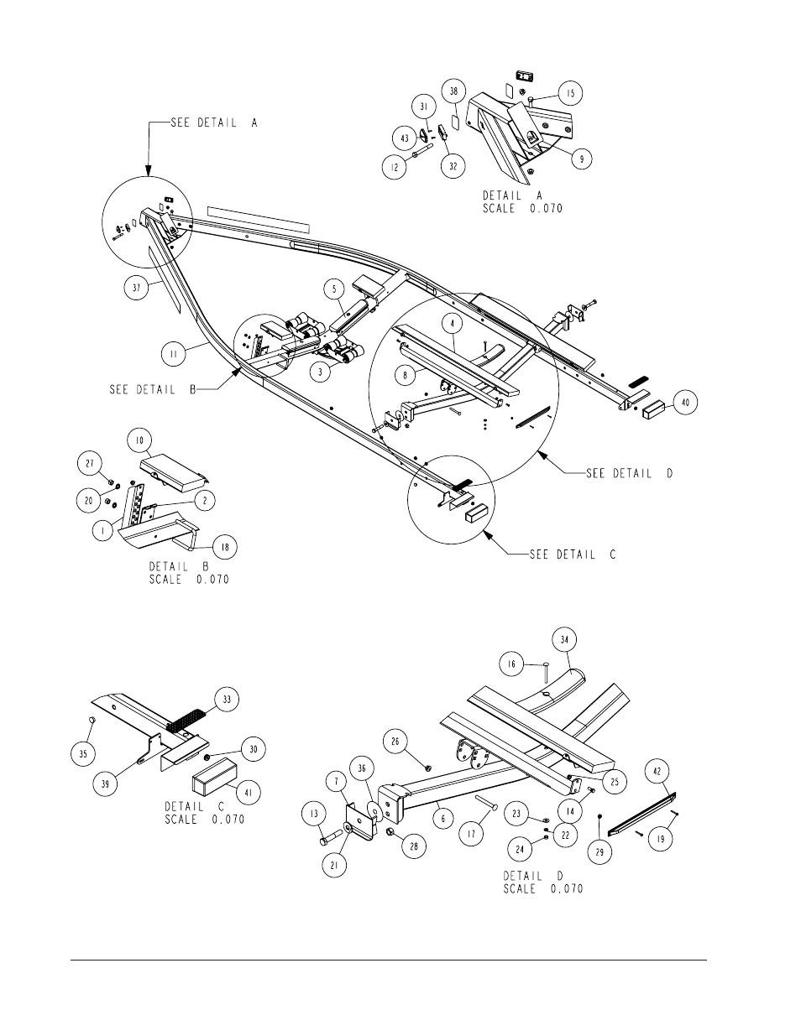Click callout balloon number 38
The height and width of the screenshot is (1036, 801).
pos(453,91)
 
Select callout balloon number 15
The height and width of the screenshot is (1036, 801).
pos(571,93)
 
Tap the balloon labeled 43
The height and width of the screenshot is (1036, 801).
pos(405,138)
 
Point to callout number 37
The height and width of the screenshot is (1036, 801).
pos(137,288)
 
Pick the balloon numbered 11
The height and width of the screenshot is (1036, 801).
pos(173,354)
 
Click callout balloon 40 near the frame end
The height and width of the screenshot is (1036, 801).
pos(685,403)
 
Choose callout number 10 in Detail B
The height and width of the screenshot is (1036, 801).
pos(139,440)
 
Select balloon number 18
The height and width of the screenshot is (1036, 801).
pos(225,547)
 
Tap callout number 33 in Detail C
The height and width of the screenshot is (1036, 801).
pos(227,700)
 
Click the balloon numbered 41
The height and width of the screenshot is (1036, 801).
pos(248,793)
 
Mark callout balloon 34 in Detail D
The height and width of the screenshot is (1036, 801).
pos(564,640)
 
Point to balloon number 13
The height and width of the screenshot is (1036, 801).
pos(314,814)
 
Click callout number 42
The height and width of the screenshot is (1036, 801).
pos(657,771)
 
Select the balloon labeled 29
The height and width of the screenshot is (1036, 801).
pos(599,852)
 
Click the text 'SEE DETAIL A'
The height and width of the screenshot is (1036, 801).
pos(214,123)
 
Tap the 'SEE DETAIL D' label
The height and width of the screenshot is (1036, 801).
pos(629,473)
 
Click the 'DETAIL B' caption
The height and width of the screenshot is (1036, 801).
pos(179,566)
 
